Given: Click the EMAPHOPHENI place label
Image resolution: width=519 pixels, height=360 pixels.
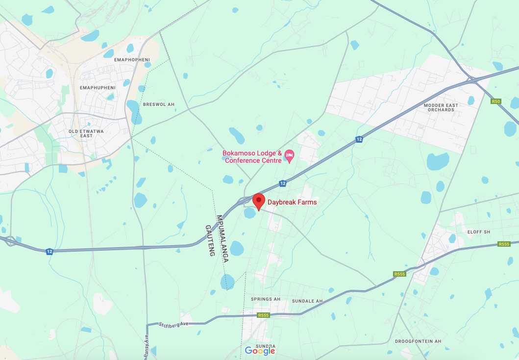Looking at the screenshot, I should tap(131, 59).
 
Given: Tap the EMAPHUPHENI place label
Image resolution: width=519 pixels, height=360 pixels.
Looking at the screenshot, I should tap(98, 87).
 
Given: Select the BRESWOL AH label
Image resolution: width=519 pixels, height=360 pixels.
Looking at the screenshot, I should tap(159, 104).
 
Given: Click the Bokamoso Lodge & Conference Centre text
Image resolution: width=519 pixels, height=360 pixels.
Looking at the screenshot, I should tap(252, 157).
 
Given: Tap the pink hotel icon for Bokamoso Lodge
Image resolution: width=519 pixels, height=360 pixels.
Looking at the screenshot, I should tap(289, 156).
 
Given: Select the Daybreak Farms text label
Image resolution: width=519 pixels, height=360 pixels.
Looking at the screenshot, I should tap(292, 202).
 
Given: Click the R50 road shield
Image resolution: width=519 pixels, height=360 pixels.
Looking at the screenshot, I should tap(496, 102).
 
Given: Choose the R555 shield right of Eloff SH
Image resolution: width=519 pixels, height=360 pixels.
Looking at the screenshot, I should tap(504, 244).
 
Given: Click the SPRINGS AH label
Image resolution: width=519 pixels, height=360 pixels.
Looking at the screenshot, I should tap(266, 299).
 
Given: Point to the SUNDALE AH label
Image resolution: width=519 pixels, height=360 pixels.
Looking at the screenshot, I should tap(307, 301).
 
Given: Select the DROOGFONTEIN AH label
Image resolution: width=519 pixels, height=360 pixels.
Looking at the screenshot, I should tap(418, 341).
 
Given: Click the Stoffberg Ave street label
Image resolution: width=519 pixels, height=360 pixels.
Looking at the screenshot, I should tap(174, 324).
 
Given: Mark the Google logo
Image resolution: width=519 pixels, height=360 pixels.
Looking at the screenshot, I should tap(260, 351).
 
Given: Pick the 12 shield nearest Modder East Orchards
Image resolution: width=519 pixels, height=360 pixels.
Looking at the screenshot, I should tap(359, 140).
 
